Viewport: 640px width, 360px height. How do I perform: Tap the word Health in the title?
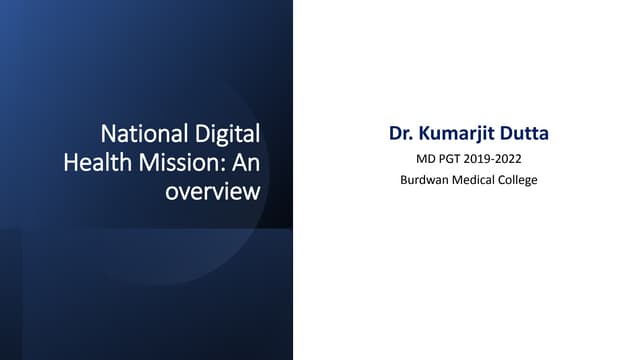pyautogui.click(x=95, y=161)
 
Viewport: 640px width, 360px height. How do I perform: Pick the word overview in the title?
pyautogui.click(x=212, y=190)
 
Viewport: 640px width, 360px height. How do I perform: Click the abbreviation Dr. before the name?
pyautogui.click(x=401, y=133)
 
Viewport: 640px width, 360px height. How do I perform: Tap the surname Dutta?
pyautogui.click(x=524, y=133)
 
